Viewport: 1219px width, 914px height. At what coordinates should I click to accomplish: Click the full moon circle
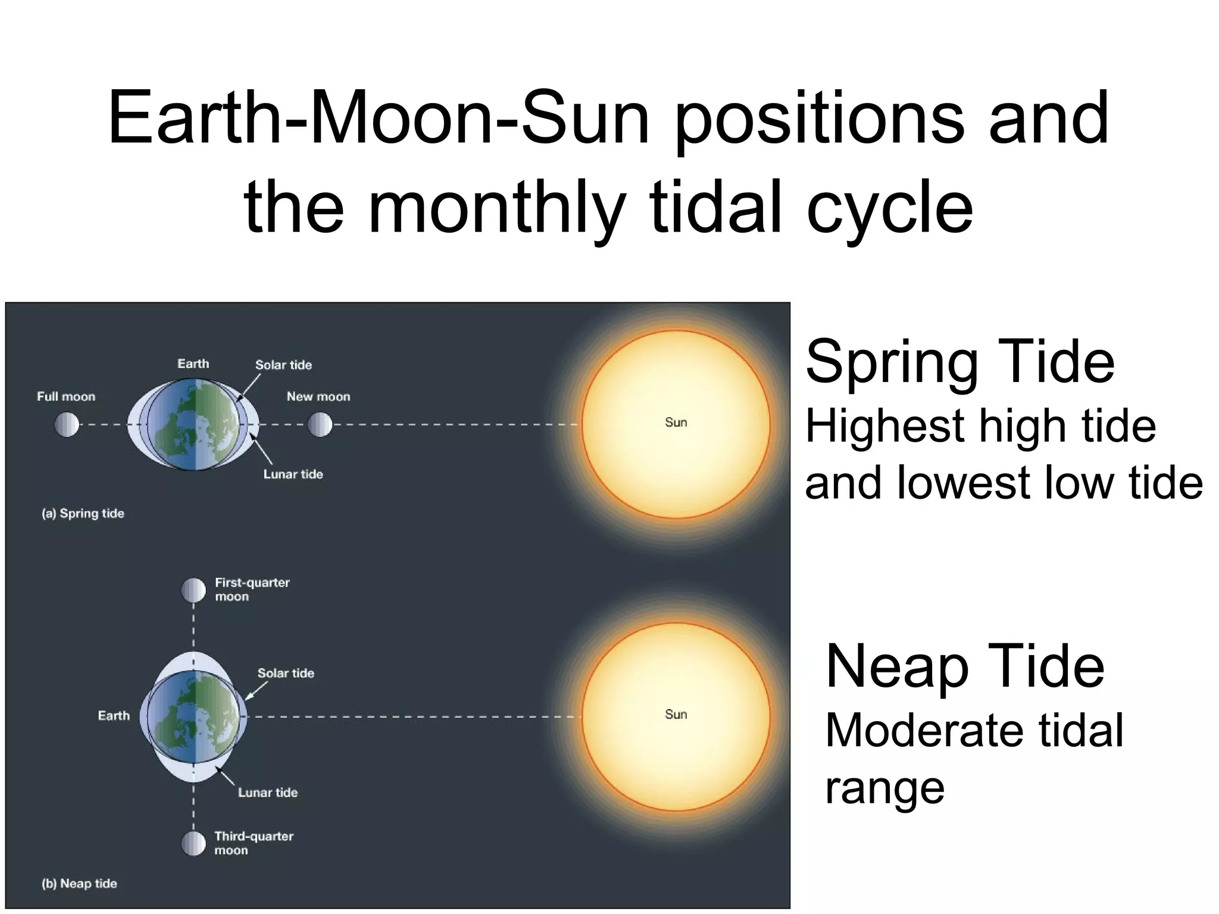coord(67,425)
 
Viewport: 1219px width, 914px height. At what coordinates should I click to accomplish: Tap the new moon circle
coord(320,425)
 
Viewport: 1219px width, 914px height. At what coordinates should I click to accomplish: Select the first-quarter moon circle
coord(193,590)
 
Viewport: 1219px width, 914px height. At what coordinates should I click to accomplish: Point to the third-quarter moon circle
coord(193,844)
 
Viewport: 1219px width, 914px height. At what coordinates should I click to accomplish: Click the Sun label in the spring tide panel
coord(676,422)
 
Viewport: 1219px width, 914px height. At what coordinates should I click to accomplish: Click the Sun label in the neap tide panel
coord(676,714)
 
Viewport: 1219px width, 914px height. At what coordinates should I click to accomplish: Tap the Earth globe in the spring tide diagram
coord(193,425)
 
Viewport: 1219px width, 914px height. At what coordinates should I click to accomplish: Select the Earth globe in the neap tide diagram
coord(193,716)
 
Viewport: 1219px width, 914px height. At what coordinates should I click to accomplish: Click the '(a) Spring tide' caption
coord(83,514)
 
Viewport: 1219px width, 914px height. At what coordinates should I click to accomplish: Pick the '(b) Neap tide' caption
coord(79,884)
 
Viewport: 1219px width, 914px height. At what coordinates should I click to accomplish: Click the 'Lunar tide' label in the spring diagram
coord(293,474)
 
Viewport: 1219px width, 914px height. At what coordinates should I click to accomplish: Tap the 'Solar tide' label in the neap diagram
coord(286,673)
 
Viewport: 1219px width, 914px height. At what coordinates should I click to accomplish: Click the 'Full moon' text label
coord(66,396)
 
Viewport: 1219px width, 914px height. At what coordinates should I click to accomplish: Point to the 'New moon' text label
coord(318,396)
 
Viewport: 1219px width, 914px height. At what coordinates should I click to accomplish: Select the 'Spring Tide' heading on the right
coord(959,362)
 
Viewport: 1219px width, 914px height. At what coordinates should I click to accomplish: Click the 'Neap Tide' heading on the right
coord(964,666)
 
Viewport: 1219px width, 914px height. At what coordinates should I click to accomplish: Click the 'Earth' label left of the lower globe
coord(114,715)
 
